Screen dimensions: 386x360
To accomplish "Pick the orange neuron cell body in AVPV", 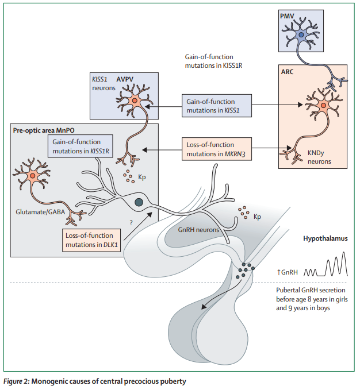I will tap(135, 102).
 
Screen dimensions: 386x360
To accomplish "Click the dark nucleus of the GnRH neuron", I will tap(138, 202).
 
